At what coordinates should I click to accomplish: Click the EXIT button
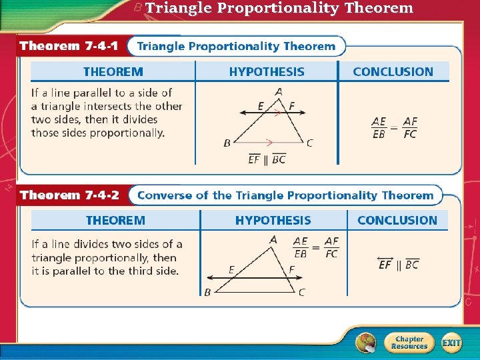click(451, 343)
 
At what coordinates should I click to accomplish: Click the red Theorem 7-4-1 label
click(69, 47)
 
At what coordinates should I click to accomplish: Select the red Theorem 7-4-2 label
click(69, 195)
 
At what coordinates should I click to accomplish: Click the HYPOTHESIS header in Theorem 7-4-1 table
click(267, 72)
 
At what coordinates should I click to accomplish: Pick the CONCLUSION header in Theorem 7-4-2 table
click(397, 221)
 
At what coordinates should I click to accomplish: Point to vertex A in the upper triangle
click(278, 91)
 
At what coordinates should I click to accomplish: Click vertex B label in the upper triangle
click(227, 143)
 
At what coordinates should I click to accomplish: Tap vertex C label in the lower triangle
click(302, 292)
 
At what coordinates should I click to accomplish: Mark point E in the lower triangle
click(231, 269)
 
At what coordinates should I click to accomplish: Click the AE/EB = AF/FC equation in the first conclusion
click(394, 127)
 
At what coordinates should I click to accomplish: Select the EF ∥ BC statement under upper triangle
click(267, 159)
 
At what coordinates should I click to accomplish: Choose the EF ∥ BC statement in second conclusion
click(398, 264)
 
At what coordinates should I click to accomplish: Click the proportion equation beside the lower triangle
click(316, 247)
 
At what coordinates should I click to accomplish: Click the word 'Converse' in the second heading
click(165, 195)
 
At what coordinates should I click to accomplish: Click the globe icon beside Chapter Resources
click(365, 343)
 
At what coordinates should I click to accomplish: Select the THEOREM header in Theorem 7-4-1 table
click(113, 72)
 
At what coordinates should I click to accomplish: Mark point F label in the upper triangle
click(291, 107)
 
